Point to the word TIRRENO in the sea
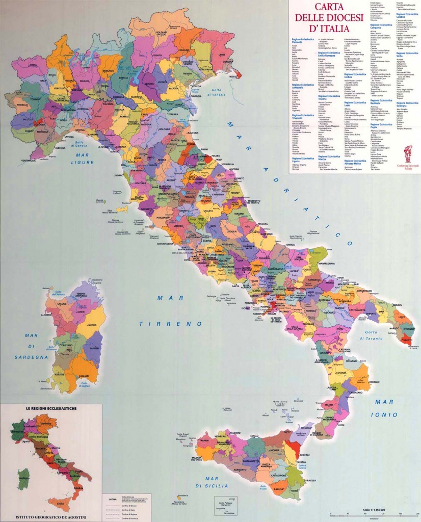[x=167, y=324]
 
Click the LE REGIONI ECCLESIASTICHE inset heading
[x=50, y=409]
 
